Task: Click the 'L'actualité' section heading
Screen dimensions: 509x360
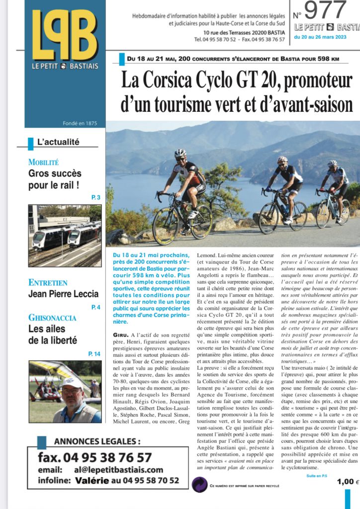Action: click(58, 142)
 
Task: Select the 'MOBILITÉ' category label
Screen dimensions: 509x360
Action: click(44, 162)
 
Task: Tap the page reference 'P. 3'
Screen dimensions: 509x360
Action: click(96, 198)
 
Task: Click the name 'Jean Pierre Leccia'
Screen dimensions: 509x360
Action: click(63, 294)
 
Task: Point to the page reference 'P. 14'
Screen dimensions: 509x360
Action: click(94, 353)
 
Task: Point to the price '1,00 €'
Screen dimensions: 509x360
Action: click(348, 481)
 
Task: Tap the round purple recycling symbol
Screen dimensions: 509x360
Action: click(199, 484)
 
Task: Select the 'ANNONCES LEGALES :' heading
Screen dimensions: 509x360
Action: click(97, 441)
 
